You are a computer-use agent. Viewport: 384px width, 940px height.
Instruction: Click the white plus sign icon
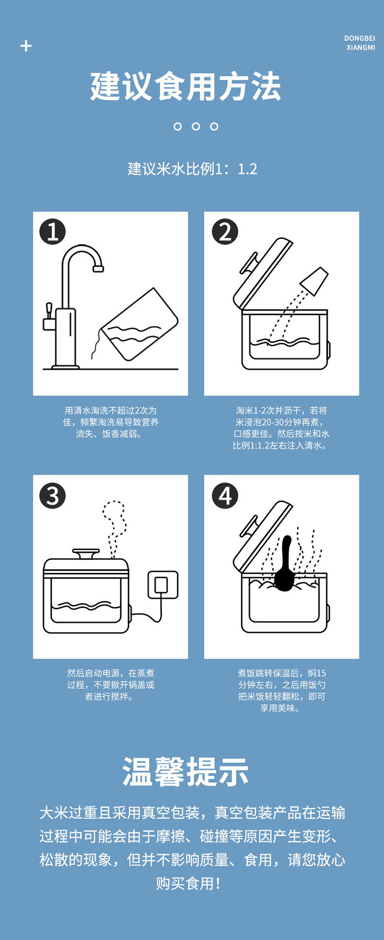tap(26, 46)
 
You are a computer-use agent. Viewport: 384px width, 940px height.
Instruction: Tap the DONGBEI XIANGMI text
tap(360, 43)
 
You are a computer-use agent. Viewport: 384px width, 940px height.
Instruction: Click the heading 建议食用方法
tap(186, 86)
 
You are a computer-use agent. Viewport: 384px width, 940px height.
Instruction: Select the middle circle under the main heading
tap(196, 126)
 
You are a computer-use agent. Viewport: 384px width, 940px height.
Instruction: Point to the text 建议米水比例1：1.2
tap(192, 169)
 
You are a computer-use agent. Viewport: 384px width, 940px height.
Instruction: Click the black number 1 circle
tap(53, 232)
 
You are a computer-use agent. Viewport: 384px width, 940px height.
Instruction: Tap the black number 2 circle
tap(225, 232)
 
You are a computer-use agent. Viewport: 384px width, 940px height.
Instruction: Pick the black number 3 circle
tap(53, 496)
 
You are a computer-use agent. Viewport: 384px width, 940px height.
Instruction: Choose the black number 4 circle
tap(225, 496)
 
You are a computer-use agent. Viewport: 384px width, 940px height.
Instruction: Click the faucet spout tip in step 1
tap(98, 268)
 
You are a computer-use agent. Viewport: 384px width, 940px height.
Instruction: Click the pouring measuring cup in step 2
tap(313, 281)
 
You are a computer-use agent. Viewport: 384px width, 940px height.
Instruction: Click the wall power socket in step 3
tap(163, 585)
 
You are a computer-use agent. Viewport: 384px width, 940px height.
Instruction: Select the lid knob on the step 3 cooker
tap(86, 554)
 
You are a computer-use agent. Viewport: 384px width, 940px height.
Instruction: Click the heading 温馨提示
tap(186, 772)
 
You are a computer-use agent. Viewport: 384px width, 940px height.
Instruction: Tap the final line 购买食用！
tap(188, 883)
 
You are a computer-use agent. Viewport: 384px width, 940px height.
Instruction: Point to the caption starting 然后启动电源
tap(111, 685)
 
